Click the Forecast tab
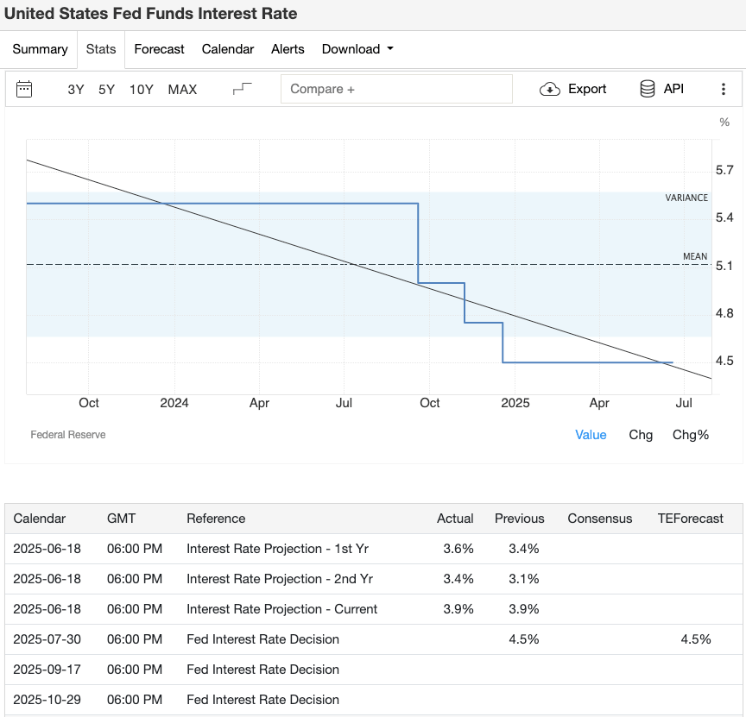(x=159, y=49)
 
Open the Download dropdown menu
(x=357, y=49)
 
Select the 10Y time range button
(x=142, y=89)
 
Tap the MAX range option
(x=182, y=89)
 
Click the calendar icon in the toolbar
(x=24, y=89)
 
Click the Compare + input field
(x=396, y=89)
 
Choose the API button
(x=661, y=89)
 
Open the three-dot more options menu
(x=724, y=89)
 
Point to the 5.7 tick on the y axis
(x=724, y=170)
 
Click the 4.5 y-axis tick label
(x=724, y=361)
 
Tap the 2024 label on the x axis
(x=174, y=403)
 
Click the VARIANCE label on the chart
(x=686, y=198)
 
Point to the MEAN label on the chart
(x=695, y=256)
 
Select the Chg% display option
(x=690, y=435)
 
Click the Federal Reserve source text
(x=68, y=435)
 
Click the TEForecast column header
(x=691, y=519)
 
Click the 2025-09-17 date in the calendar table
(x=47, y=670)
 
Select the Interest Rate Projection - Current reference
(x=281, y=609)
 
